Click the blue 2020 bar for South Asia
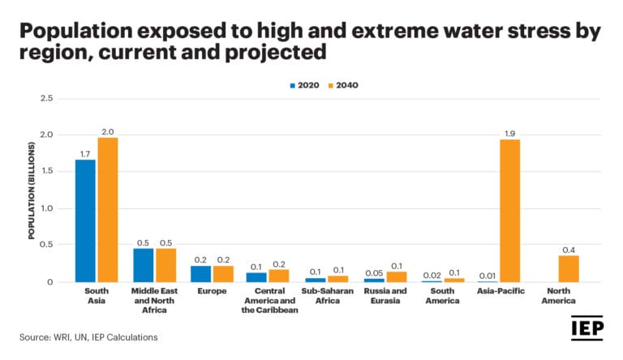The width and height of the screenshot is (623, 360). point(86,221)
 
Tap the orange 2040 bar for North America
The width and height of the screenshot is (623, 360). point(568,268)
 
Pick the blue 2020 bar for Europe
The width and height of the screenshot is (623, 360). point(201,274)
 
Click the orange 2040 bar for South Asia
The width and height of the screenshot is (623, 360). point(107,210)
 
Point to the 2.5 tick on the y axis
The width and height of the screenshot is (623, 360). point(47,98)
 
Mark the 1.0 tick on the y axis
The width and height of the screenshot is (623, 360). point(47,208)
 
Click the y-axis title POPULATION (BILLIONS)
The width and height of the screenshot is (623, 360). point(32,191)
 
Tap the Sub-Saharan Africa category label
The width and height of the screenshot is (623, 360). point(327,294)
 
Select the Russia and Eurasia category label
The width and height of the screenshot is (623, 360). point(385,294)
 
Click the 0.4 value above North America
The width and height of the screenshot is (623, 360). point(568,249)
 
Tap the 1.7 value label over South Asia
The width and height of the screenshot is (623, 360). point(85,152)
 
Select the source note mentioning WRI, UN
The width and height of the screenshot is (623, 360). point(88,336)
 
